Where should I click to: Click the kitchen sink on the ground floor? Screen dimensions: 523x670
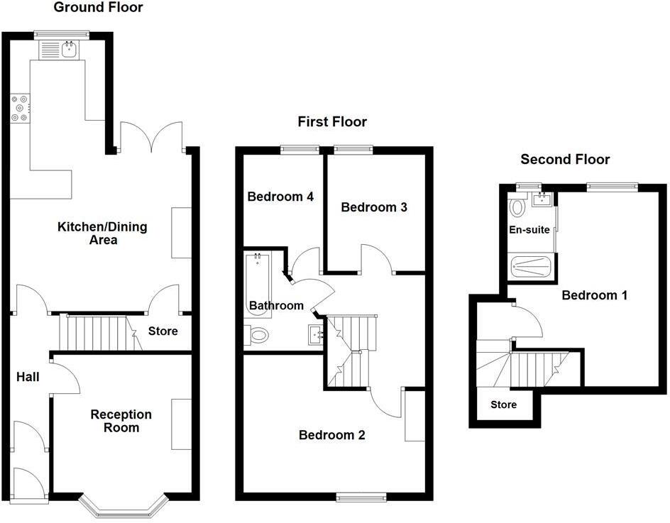(70, 49)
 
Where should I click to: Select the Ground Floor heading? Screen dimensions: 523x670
(99, 8)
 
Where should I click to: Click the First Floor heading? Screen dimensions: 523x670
(332, 122)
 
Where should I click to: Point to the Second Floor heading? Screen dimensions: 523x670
(566, 159)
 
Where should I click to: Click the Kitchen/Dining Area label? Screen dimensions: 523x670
(92, 233)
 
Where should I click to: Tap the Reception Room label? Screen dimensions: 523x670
(121, 421)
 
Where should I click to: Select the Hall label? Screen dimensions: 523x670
(28, 377)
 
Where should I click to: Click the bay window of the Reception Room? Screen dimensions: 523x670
(124, 506)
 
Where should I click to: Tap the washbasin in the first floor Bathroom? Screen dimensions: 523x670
(314, 334)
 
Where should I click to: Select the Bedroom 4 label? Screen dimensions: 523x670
(280, 197)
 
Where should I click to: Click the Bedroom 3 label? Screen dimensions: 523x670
(374, 207)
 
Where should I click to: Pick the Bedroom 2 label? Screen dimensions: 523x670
(331, 435)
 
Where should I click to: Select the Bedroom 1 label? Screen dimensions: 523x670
(594, 295)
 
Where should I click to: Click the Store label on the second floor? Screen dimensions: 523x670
(504, 405)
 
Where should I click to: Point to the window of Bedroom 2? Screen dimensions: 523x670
(361, 497)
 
